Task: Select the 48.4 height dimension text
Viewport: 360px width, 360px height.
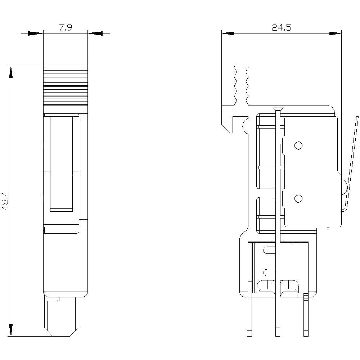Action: point(5,201)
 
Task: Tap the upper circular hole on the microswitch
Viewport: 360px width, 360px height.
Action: point(298,145)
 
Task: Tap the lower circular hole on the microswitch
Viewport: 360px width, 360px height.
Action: point(298,198)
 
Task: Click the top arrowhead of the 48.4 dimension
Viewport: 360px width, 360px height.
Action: point(11,72)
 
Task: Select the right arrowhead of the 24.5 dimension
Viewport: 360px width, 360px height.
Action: point(335,33)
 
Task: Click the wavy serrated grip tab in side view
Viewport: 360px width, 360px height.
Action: point(241,85)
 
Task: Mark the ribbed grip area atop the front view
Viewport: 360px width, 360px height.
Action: point(65,85)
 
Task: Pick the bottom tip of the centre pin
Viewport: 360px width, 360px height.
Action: point(277,333)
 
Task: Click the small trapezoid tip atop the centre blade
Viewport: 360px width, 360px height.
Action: point(277,109)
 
